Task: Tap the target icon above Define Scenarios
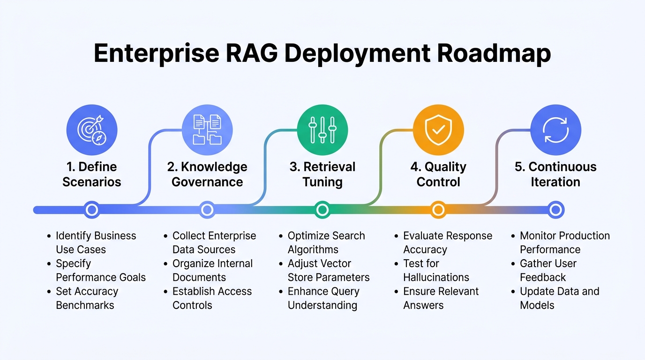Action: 92,130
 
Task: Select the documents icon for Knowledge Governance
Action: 207,130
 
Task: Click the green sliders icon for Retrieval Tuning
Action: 322,130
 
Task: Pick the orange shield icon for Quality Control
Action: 438,130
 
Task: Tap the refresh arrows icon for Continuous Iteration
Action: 555,130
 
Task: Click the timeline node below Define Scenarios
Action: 92,210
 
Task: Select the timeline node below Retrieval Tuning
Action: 322,210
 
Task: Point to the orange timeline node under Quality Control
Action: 438,210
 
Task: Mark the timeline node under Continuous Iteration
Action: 555,210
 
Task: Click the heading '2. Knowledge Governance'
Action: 207,174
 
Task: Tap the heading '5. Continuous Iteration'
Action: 555,174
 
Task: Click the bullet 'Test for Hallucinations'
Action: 436,270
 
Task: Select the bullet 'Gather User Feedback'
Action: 548,270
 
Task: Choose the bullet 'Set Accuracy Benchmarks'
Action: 87,298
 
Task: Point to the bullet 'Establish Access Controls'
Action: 212,298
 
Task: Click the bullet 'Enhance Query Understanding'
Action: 323,298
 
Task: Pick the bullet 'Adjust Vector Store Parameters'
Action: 328,270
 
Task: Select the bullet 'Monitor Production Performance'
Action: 564,242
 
